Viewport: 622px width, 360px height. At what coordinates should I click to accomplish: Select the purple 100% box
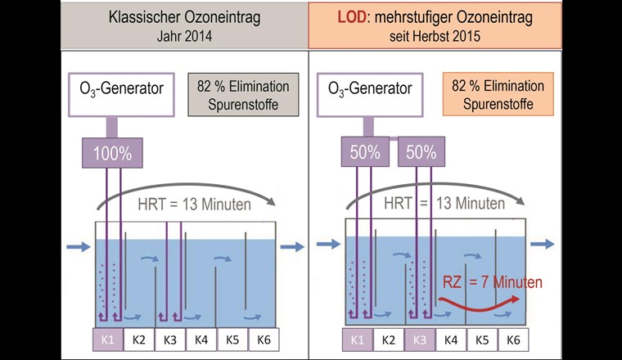coord(110,152)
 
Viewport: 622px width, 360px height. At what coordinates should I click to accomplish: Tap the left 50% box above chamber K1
coord(363,152)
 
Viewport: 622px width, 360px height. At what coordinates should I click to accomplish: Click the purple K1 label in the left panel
coord(107,340)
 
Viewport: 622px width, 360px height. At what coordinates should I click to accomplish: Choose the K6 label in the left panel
coord(264,340)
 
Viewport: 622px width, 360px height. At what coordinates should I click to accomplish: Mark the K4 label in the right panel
coord(450,340)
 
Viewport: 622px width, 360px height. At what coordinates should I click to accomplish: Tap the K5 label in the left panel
coord(232,340)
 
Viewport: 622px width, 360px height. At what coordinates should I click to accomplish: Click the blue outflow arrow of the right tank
coord(542,244)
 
